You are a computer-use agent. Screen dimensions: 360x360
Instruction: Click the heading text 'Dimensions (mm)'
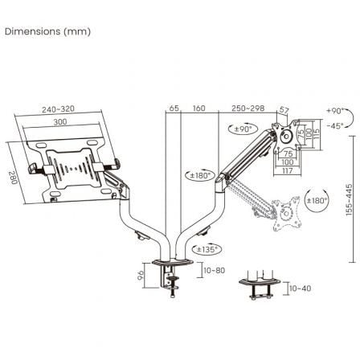point(47,31)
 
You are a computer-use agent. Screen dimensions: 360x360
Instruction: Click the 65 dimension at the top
point(173,106)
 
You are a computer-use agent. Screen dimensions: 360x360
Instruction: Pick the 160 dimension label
point(198,106)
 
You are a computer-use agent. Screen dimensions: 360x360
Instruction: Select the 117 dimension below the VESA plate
point(288,170)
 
